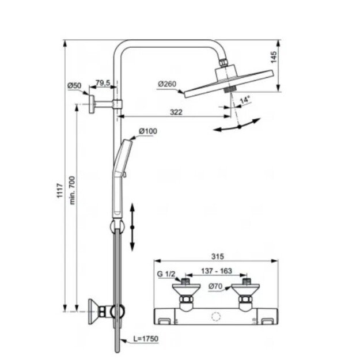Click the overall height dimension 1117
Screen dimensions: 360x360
60,190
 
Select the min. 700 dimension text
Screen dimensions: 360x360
72,190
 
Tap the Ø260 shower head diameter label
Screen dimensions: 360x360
167,84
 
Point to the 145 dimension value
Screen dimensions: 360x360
274,57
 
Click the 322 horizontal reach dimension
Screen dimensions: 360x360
176,112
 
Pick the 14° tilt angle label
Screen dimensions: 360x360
245,100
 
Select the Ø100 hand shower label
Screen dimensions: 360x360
148,131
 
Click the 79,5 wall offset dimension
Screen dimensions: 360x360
103,83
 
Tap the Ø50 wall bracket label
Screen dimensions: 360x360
74,86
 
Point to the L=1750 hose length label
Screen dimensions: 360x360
146,339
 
